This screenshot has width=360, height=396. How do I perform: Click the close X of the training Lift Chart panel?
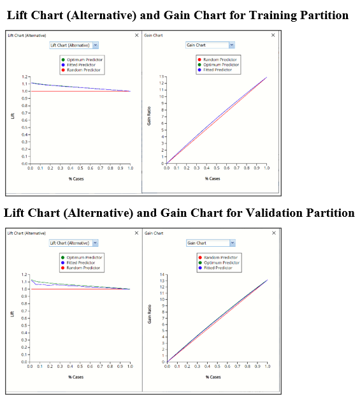(136, 35)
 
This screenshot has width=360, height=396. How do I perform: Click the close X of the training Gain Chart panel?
(275, 35)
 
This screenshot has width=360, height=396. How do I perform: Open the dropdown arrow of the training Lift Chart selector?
(95, 45)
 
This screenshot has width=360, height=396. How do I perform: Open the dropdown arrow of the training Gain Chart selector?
(231, 45)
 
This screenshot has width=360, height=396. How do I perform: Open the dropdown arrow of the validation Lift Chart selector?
(95, 243)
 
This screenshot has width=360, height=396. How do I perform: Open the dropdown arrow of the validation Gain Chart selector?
(231, 243)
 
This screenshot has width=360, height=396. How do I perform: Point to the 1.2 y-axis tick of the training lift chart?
(25, 77)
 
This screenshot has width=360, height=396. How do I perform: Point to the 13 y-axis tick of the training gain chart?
(162, 77)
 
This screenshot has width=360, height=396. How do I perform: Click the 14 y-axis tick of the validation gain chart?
(162, 274)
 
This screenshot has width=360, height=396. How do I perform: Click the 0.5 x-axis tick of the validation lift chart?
(80, 367)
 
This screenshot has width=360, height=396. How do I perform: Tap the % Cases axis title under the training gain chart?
(213, 179)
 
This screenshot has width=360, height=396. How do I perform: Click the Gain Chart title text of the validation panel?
(154, 233)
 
